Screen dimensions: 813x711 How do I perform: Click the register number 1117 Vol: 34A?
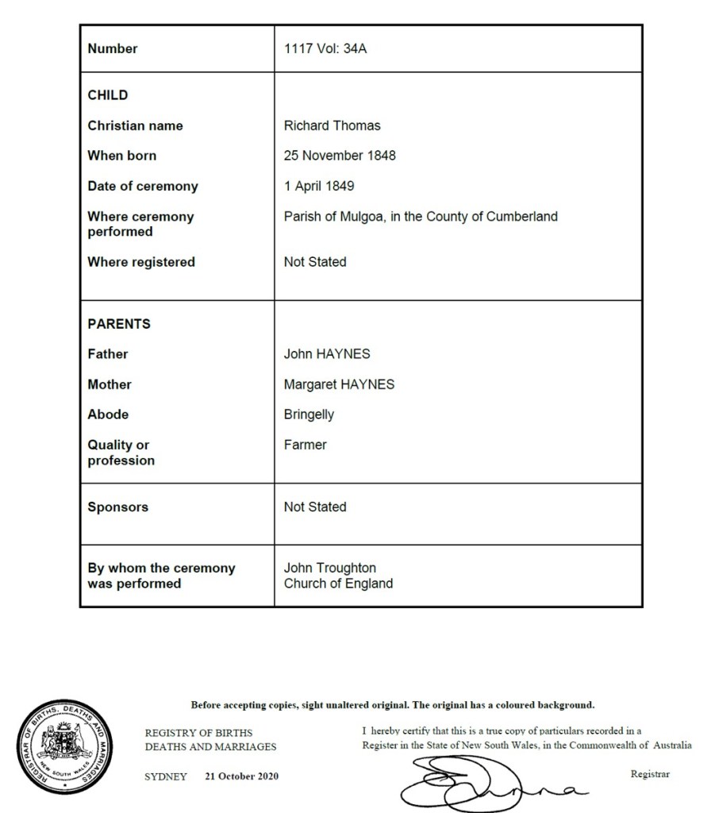325,48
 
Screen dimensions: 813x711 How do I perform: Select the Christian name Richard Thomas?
332,125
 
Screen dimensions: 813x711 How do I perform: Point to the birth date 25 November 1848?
340,156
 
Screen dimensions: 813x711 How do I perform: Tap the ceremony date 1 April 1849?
319,186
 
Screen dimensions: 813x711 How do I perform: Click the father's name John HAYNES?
327,354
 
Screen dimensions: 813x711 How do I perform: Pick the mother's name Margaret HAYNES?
339,384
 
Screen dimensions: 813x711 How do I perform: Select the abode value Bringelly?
309,414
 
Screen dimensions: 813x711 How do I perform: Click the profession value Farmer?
305,445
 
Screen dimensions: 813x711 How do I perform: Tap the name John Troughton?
330,568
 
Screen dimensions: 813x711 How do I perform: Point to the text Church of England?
338,584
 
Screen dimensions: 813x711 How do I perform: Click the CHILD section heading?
107,95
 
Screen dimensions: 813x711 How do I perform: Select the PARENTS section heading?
119,324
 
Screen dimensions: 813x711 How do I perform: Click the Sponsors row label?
117,507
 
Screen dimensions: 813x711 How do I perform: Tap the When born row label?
121,156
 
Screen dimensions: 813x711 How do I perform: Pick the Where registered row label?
140,262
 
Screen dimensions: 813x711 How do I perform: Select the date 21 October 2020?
241,776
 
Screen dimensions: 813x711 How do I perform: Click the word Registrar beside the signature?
650,773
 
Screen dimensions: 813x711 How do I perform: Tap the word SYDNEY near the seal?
165,776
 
